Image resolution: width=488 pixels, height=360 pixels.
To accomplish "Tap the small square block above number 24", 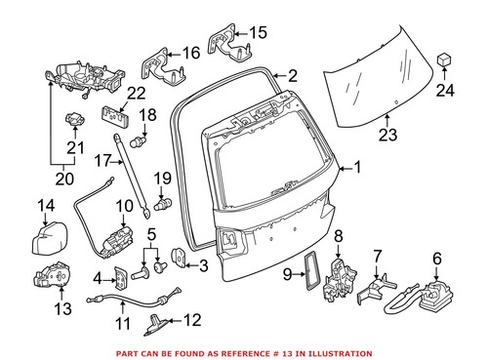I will [445, 62].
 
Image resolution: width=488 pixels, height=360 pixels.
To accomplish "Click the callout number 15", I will [257, 32].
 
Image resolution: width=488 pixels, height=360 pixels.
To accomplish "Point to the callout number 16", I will [190, 51].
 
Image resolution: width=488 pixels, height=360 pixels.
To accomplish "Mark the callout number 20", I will [63, 180].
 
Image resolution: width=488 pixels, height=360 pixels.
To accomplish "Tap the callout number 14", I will [47, 205].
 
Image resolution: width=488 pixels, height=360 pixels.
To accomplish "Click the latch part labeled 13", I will [52, 281].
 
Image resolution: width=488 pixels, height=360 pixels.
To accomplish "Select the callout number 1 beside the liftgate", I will [356, 168].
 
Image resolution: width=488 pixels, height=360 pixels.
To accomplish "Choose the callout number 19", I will [163, 178].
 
